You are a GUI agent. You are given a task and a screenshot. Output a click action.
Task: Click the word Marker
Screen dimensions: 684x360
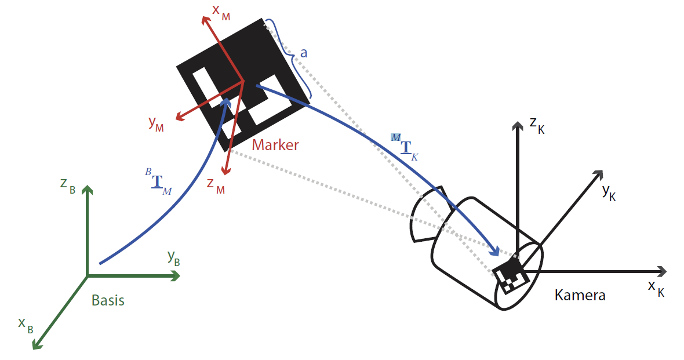(275, 145)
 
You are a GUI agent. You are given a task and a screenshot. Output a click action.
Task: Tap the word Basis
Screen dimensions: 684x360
(108, 300)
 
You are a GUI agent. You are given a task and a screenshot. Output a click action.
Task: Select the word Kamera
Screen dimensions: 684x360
(580, 296)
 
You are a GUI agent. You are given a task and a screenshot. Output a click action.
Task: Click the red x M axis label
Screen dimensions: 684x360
(221, 12)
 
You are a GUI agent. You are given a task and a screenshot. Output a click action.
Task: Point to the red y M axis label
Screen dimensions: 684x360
(156, 123)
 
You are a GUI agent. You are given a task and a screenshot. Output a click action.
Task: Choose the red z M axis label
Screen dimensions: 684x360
(216, 186)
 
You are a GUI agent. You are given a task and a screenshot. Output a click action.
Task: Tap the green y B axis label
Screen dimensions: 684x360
(174, 258)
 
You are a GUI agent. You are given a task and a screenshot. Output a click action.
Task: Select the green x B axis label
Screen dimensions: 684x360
(26, 326)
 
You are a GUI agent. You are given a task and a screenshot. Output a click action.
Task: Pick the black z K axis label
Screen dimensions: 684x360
(537, 126)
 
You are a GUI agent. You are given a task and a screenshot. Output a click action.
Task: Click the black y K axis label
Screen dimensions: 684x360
(609, 192)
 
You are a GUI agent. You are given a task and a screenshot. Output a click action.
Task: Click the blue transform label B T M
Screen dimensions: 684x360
(158, 181)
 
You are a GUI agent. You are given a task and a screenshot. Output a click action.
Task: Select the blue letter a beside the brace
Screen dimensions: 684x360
(304, 53)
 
